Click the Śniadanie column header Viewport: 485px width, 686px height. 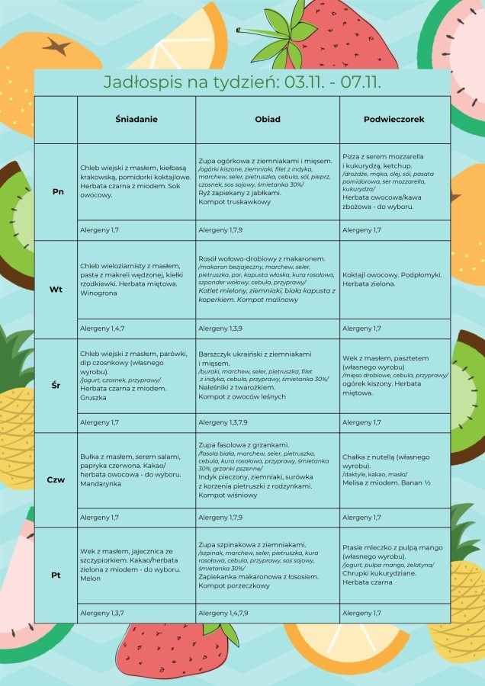(137, 120)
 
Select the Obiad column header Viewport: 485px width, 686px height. (268, 120)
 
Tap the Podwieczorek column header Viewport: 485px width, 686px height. (393, 120)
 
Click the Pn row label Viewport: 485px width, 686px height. (58, 191)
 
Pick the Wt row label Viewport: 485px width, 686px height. (56, 290)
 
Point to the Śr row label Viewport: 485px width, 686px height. (56, 386)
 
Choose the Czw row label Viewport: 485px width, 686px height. (56, 480)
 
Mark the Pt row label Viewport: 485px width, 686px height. (56, 575)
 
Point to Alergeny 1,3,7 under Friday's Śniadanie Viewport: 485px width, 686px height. (101, 613)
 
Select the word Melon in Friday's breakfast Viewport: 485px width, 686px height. (90, 579)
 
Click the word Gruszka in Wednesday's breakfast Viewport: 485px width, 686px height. (94, 397)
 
